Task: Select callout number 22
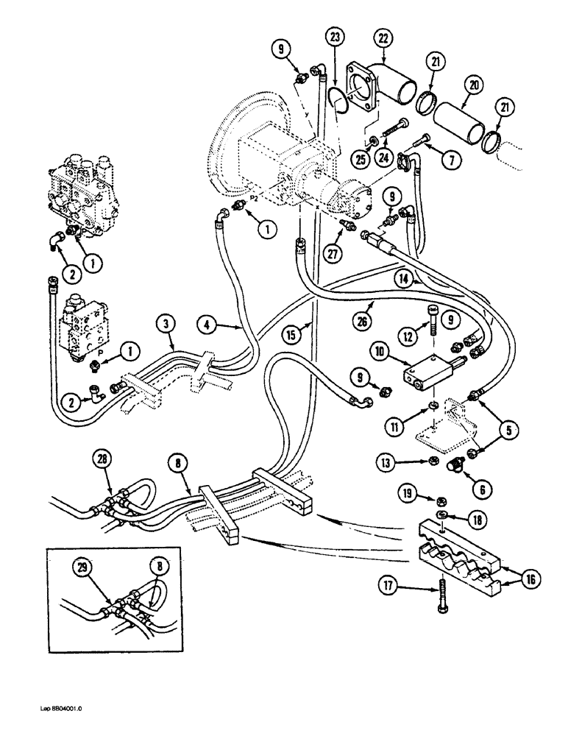click(383, 38)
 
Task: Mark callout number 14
click(422, 279)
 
